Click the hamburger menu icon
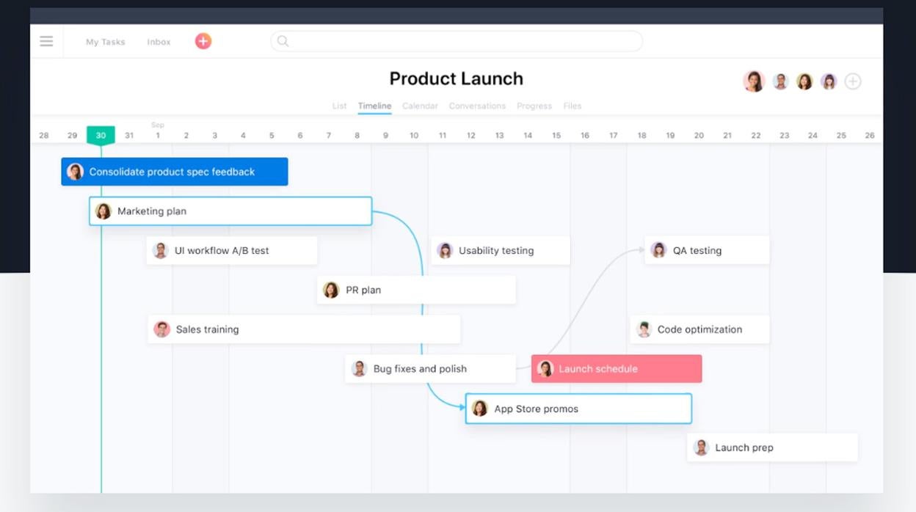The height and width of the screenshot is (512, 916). [46, 41]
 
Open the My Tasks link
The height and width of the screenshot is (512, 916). [105, 42]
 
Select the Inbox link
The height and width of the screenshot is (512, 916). [159, 42]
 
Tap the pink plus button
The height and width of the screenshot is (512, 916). [203, 41]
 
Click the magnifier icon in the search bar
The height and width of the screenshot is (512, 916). [283, 41]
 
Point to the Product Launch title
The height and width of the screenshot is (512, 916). [456, 78]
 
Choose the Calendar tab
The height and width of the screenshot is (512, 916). [420, 106]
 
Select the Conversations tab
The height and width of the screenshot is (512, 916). [477, 106]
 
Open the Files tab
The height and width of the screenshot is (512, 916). [572, 106]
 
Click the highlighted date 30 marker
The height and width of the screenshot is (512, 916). [101, 135]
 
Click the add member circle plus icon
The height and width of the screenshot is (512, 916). [852, 81]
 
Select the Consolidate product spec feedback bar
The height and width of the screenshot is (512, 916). [175, 172]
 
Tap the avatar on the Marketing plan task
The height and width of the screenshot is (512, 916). [103, 211]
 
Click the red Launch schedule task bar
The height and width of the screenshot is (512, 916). [617, 369]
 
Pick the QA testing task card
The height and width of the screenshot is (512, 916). [707, 250]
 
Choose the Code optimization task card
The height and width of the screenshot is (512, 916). [699, 329]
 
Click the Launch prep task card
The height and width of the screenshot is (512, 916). [772, 447]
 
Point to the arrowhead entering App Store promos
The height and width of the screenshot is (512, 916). [462, 407]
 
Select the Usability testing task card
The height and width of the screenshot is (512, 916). [500, 250]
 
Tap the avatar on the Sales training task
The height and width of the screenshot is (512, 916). [161, 329]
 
